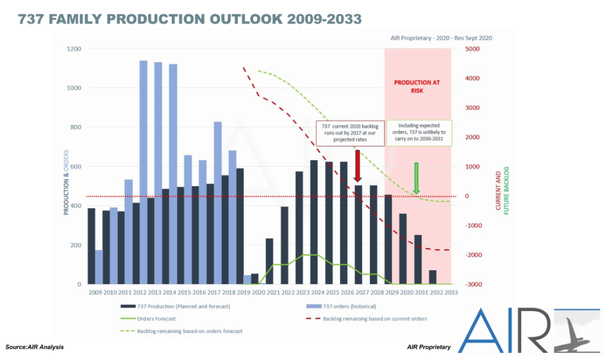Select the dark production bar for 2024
pos(314,222)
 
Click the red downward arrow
pos(357,166)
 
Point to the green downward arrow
pos(417,178)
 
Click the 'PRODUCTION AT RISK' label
pos(417,87)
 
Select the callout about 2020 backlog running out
pos(350,133)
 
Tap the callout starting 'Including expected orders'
pos(420,133)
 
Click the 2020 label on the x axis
pos(259,292)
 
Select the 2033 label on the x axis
pos(451,292)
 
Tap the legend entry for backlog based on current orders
pos(374,318)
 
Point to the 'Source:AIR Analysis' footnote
pos(35,347)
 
